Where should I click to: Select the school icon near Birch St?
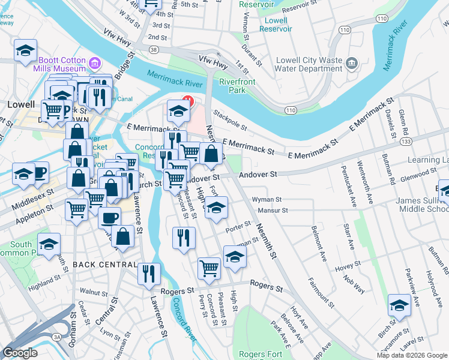click(x=399, y=306)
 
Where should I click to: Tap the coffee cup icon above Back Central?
click(x=109, y=217)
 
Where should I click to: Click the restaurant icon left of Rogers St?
click(x=149, y=273)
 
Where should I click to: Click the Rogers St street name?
click(x=266, y=287)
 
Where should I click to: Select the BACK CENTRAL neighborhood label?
click(x=104, y=265)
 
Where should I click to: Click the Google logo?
click(x=20, y=353)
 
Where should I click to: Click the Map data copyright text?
click(x=411, y=355)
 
